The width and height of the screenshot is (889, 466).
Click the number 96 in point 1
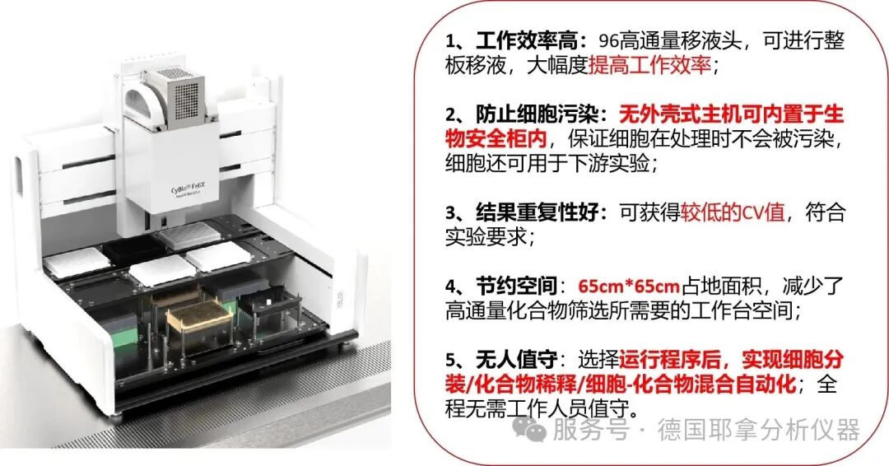pyautogui.click(x=609, y=41)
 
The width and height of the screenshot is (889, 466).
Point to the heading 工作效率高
pyautogui.click(x=527, y=41)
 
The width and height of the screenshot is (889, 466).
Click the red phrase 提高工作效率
pyautogui.click(x=649, y=66)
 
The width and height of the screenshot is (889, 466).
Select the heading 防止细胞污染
pyautogui.click(x=537, y=114)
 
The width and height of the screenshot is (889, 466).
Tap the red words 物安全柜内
pyautogui.click(x=496, y=139)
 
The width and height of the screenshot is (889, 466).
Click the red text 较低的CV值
pyautogui.click(x=733, y=212)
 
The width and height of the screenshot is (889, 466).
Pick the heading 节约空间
pyautogui.click(x=516, y=287)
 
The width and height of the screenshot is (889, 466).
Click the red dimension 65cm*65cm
pyautogui.click(x=629, y=287)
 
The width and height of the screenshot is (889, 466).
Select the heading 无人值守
pyautogui.click(x=516, y=360)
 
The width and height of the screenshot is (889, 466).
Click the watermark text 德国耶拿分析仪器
pyautogui.click(x=759, y=429)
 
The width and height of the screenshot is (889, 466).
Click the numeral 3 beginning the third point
pyautogui.click(x=450, y=213)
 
